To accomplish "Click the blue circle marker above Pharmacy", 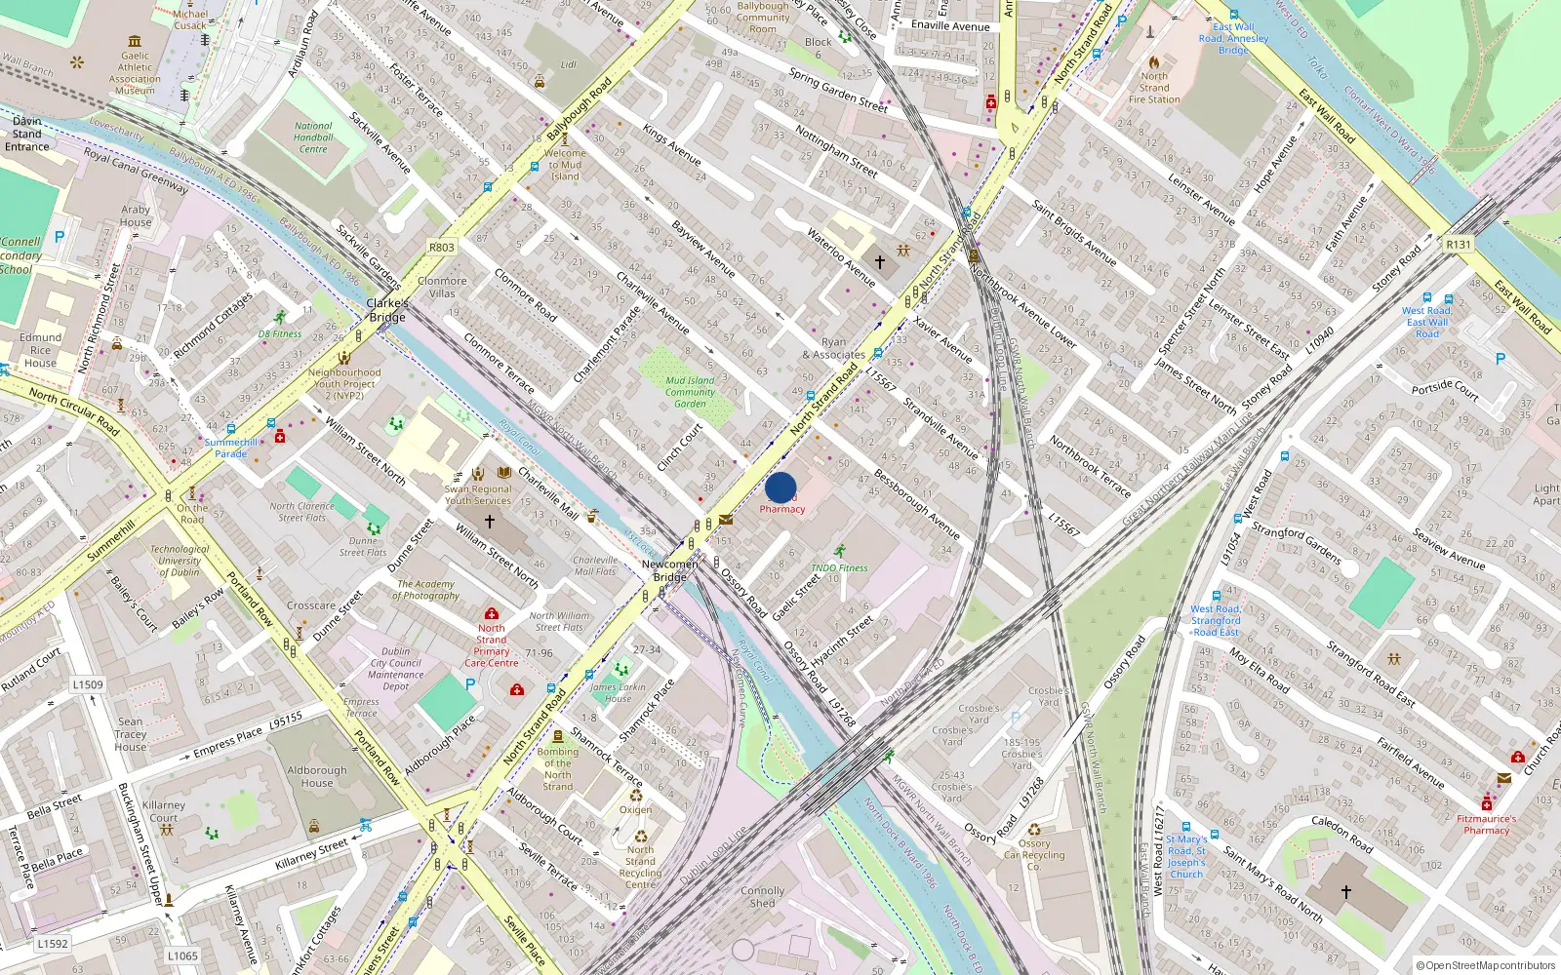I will click(x=780, y=487).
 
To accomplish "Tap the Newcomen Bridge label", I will click(x=669, y=570).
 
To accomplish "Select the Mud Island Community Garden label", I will click(x=690, y=392).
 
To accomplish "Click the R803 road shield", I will click(x=442, y=248).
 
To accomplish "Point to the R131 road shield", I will click(x=1459, y=245).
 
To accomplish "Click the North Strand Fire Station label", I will click(x=1154, y=88).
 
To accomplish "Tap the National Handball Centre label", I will click(x=313, y=137).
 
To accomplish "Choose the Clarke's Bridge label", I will click(x=387, y=310).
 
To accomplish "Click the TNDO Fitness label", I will click(x=839, y=567).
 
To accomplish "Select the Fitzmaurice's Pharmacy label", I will click(x=1486, y=825).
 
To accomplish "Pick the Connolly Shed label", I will click(x=762, y=896).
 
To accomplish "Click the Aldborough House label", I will click(x=317, y=776).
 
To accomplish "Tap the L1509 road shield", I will click(x=88, y=684).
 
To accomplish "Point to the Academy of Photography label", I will click(x=425, y=590).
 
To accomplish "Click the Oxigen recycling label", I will click(x=635, y=809).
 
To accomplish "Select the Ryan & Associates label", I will click(x=834, y=348).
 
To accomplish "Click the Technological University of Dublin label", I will click(x=180, y=561).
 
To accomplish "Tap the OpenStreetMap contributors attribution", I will click(x=1485, y=965).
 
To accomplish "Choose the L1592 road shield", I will click(x=53, y=944).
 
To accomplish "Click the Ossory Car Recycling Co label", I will click(x=1034, y=855).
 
